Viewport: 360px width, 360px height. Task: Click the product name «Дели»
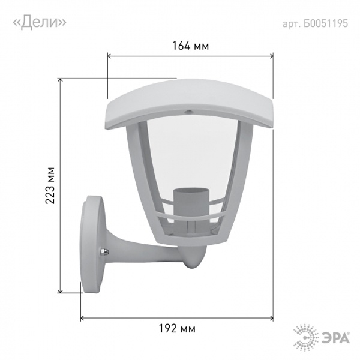pos(40,23)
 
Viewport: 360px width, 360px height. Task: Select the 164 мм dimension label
pos(191,46)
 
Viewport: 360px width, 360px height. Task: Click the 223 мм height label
pos(50,185)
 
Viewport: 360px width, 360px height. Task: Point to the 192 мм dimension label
pos(177,329)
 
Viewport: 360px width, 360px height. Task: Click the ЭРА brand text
pos(335,338)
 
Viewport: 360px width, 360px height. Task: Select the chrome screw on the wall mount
pos(104,252)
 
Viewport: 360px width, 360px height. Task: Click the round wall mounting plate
pos(92,245)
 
